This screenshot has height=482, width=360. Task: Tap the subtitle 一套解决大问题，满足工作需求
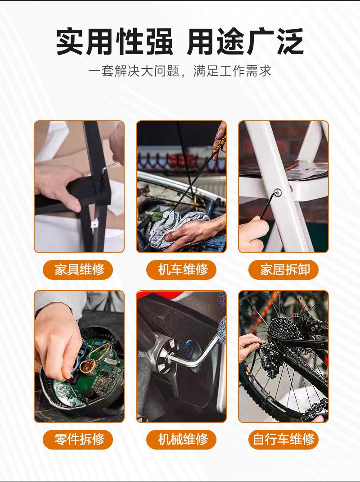180,71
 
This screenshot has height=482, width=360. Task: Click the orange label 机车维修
181,270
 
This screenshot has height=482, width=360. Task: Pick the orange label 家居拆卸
283,270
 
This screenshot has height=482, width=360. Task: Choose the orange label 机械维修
181,439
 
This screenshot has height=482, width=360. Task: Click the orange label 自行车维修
283,439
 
